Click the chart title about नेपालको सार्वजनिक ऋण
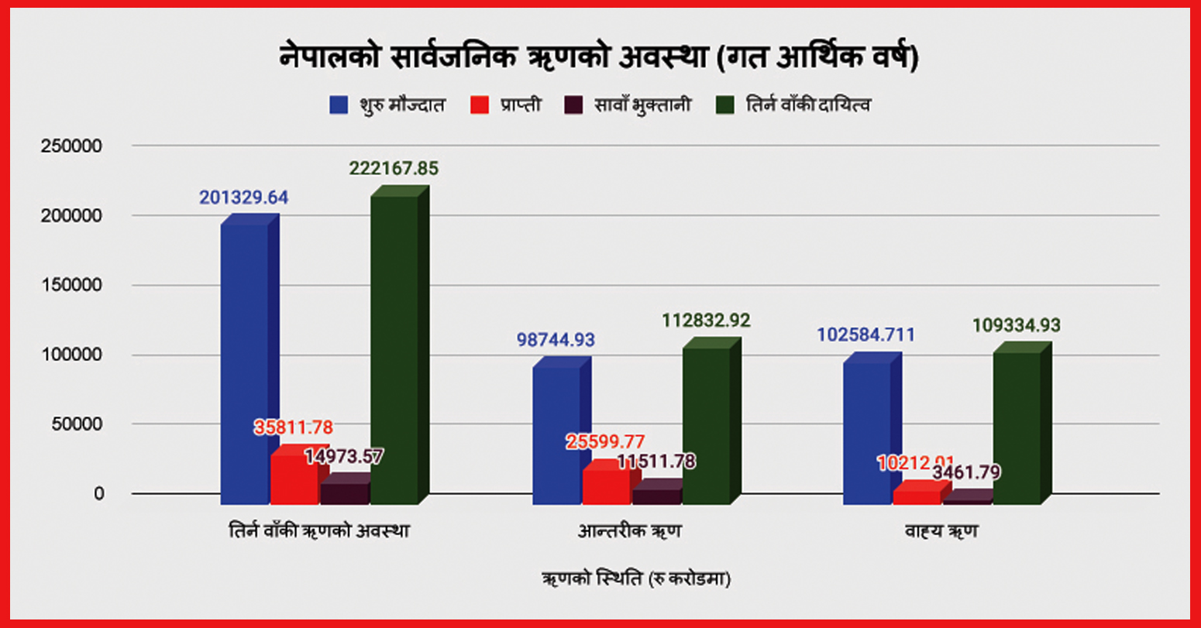tap(598, 58)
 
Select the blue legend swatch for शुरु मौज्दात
tap(339, 105)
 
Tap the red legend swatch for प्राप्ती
tap(480, 105)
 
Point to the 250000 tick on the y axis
tap(71, 146)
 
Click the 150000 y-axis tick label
tap(71, 286)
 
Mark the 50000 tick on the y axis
tap(76, 424)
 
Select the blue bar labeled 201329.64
tap(245, 364)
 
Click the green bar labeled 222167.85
tap(394, 348)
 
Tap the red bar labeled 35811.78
tap(294, 480)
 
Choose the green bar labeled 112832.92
tap(706, 426)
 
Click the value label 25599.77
tap(605, 442)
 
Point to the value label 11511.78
tap(656, 462)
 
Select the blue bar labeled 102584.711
tap(866, 434)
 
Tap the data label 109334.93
tap(1016, 326)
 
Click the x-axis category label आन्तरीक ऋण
tap(629, 532)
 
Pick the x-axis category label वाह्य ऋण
tap(941, 532)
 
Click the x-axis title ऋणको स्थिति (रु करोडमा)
tap(636, 579)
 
